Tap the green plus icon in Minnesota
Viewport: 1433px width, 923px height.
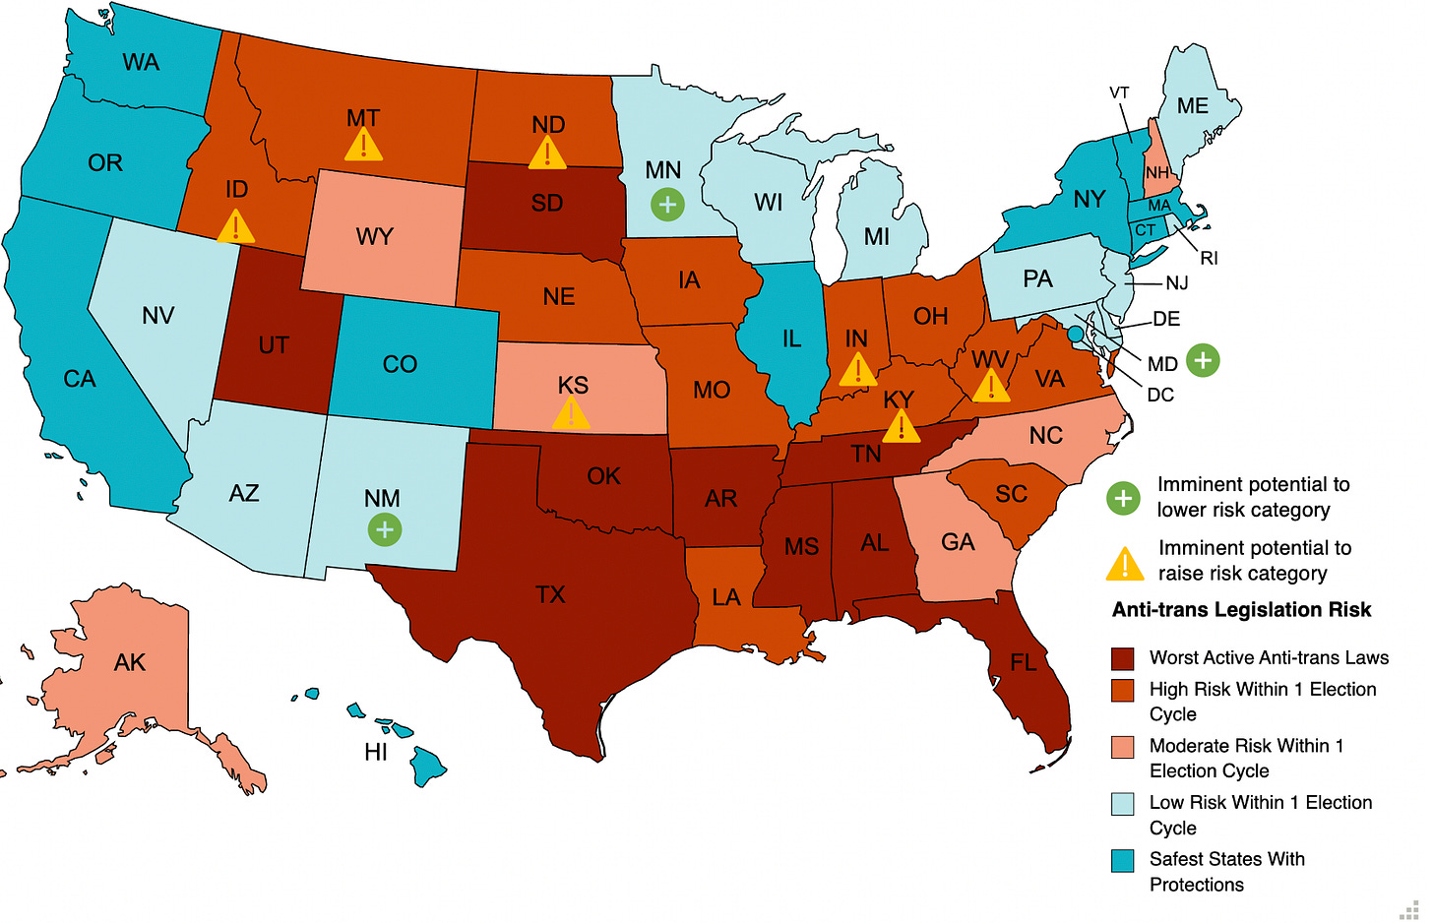coord(667,205)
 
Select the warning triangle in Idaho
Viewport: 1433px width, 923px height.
coord(235,227)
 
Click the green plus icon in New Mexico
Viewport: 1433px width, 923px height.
coord(384,529)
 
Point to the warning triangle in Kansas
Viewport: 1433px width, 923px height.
coord(571,414)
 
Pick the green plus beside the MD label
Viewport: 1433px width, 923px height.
coord(1202,361)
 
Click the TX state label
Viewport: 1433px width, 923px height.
coord(550,594)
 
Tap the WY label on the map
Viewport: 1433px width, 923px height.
coord(374,237)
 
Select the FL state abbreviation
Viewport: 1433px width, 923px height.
coord(1023,662)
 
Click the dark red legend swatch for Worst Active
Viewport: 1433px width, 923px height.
coord(1122,658)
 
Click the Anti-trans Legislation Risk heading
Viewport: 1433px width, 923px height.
coord(1241,610)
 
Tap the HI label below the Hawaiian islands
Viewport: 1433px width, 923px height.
coord(375,753)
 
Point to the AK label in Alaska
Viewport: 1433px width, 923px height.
coord(130,662)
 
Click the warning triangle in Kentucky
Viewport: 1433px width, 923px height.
coord(901,427)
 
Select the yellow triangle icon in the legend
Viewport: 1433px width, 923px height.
coord(1124,564)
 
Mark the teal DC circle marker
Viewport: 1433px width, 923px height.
coord(1075,335)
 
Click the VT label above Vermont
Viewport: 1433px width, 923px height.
coord(1119,92)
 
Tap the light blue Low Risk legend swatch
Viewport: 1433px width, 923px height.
coord(1122,804)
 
